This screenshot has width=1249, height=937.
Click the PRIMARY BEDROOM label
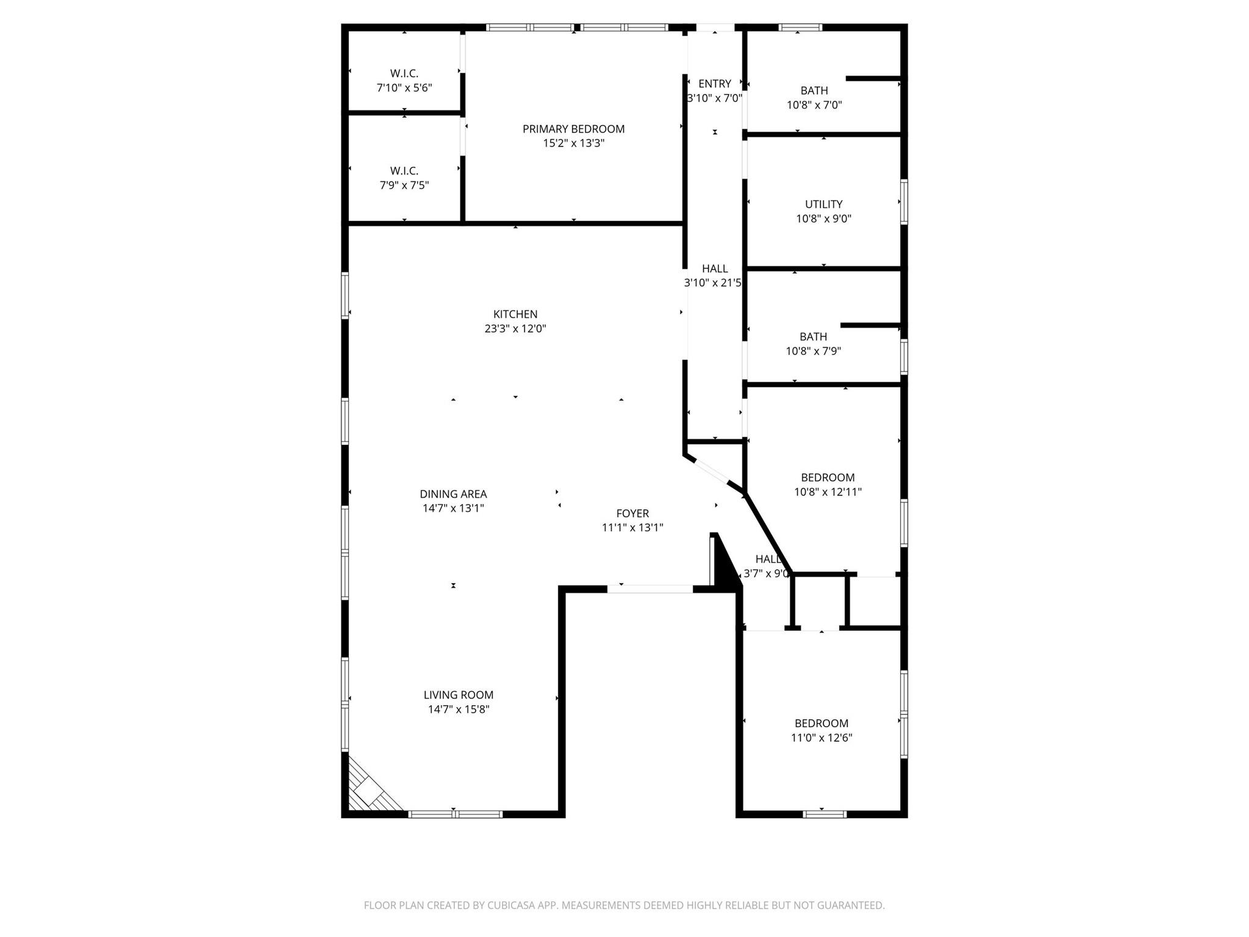point(573,129)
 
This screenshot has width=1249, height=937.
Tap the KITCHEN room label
point(515,314)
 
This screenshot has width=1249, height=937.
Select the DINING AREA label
point(453,494)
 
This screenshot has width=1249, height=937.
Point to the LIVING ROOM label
point(459,695)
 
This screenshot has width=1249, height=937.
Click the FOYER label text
point(632,514)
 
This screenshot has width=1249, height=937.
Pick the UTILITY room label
point(823,204)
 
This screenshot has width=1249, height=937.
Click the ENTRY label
point(715,84)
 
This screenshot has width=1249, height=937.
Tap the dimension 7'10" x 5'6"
point(404,88)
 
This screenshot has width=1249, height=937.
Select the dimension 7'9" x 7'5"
point(404,185)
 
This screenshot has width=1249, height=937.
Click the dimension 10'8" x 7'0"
point(814,105)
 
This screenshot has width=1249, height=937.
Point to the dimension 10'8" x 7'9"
point(814,351)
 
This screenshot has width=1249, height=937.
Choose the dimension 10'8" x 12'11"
point(828,492)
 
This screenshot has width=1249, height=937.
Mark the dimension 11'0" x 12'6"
point(821,738)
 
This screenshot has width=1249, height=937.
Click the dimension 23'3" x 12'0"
point(515,329)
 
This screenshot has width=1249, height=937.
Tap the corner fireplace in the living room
point(369,791)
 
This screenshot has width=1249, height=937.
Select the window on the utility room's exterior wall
point(904,202)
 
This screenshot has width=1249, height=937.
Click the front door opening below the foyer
point(650,589)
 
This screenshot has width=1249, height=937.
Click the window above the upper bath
point(800,27)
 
